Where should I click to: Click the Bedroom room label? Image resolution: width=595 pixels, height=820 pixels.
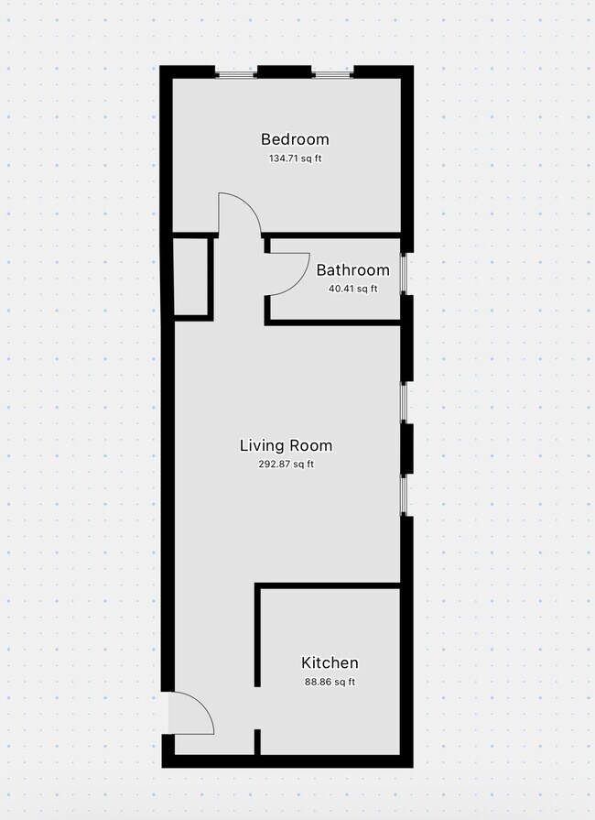pyautogui.click(x=295, y=139)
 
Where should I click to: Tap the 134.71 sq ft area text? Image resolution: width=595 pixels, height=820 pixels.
pyautogui.click(x=295, y=159)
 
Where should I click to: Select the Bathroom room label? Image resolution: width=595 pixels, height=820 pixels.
pyautogui.click(x=352, y=270)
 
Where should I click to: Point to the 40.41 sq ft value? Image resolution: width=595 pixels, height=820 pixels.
pyautogui.click(x=352, y=289)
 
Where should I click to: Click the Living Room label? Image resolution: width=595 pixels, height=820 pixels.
pyautogui.click(x=286, y=446)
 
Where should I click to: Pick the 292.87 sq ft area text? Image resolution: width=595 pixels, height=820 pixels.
pyautogui.click(x=286, y=465)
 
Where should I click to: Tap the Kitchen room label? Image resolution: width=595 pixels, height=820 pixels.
pyautogui.click(x=330, y=662)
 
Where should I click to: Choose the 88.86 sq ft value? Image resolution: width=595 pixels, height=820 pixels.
pyautogui.click(x=330, y=682)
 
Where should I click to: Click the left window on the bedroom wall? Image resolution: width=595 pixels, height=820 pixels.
pyautogui.click(x=235, y=72)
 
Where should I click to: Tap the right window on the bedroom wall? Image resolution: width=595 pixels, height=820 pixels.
pyautogui.click(x=331, y=72)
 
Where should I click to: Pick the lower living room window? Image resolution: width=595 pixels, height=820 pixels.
pyautogui.click(x=406, y=495)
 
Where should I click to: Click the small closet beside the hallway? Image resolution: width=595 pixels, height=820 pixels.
pyautogui.click(x=192, y=276)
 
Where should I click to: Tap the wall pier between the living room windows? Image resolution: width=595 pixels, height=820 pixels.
pyautogui.click(x=407, y=448)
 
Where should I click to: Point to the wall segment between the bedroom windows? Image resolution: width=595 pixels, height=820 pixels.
pyautogui.click(x=284, y=72)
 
